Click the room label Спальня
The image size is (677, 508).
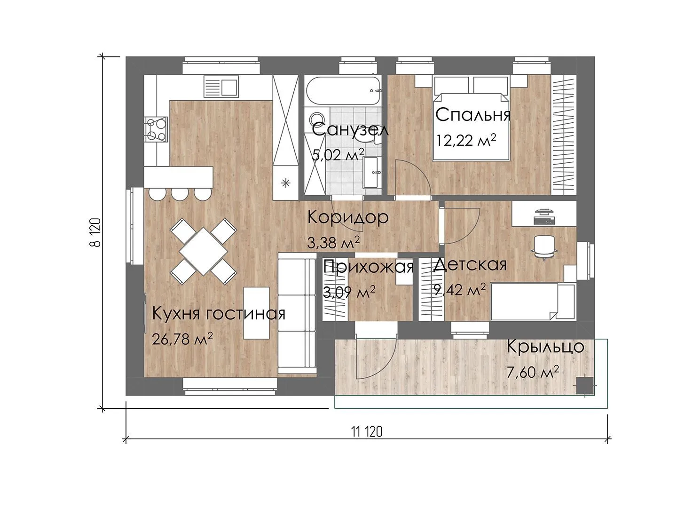tap(473, 115)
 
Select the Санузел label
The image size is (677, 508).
tap(350, 130)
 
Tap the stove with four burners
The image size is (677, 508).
tap(156, 129)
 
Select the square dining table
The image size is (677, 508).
tap(204, 251)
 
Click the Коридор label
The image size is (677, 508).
tap(348, 217)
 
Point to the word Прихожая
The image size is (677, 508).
tap(369, 267)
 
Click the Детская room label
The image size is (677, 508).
tap(470, 265)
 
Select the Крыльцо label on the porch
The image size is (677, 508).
tap(545, 346)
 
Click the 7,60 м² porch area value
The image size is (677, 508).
tap(533, 372)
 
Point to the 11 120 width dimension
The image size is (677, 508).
tap(367, 432)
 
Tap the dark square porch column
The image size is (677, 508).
tap(585, 386)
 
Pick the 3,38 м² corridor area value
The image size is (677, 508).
tap(333, 242)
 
